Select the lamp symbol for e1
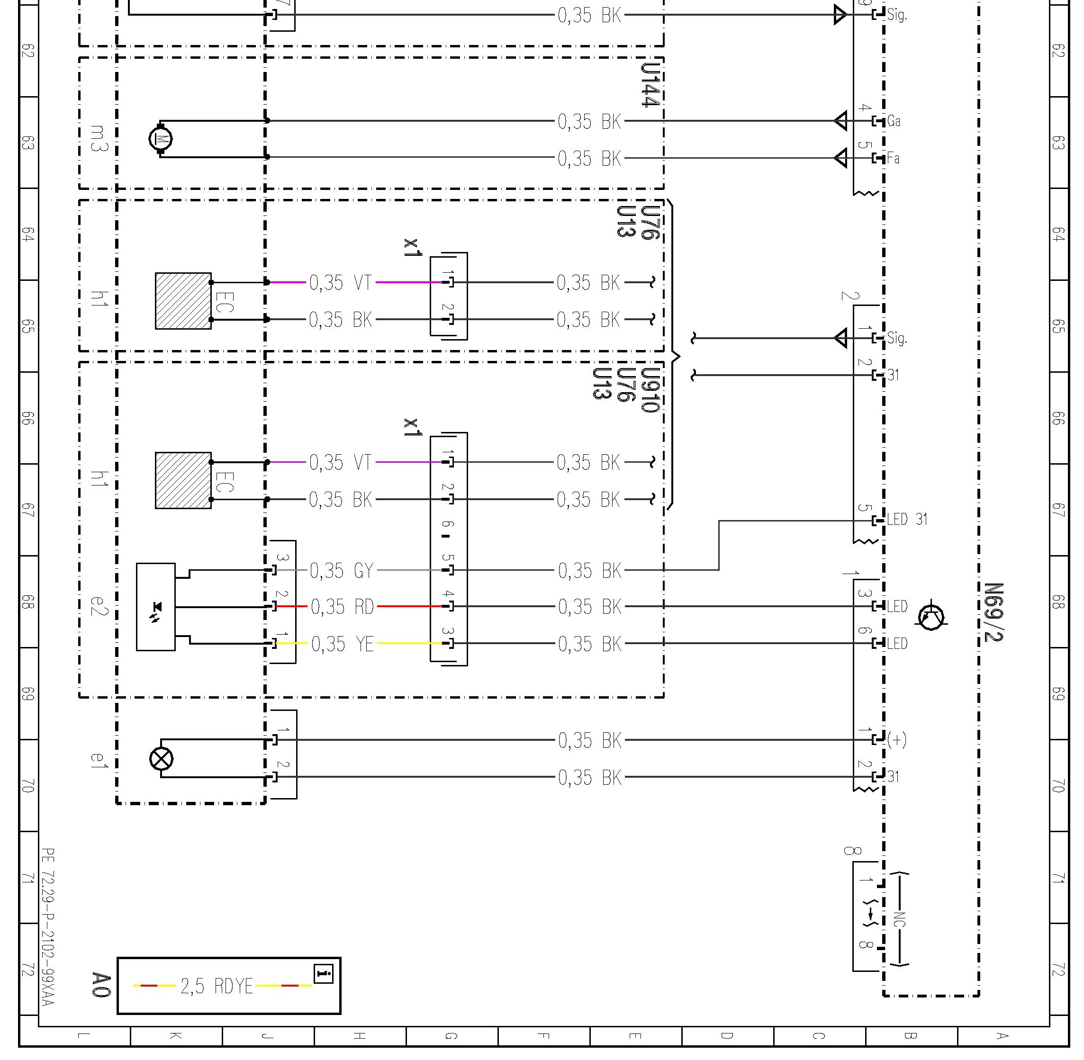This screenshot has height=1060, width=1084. [x=162, y=759]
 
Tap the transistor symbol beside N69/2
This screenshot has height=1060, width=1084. [x=931, y=616]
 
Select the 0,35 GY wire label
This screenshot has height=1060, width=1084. [x=341, y=571]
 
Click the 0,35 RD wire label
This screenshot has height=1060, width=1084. [x=343, y=607]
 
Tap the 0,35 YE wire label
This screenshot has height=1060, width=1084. [x=343, y=644]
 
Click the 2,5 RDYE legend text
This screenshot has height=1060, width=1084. [x=217, y=987]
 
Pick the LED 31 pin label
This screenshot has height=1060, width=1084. [x=907, y=520]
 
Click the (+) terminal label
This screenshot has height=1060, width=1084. [x=897, y=739]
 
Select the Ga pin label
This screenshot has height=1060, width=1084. [x=894, y=121]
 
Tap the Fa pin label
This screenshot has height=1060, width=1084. [x=893, y=159]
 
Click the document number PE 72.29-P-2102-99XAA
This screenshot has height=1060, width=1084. [x=48, y=927]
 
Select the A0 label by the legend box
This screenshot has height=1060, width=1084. [x=101, y=985]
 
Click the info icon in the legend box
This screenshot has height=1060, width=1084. [x=324, y=974]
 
